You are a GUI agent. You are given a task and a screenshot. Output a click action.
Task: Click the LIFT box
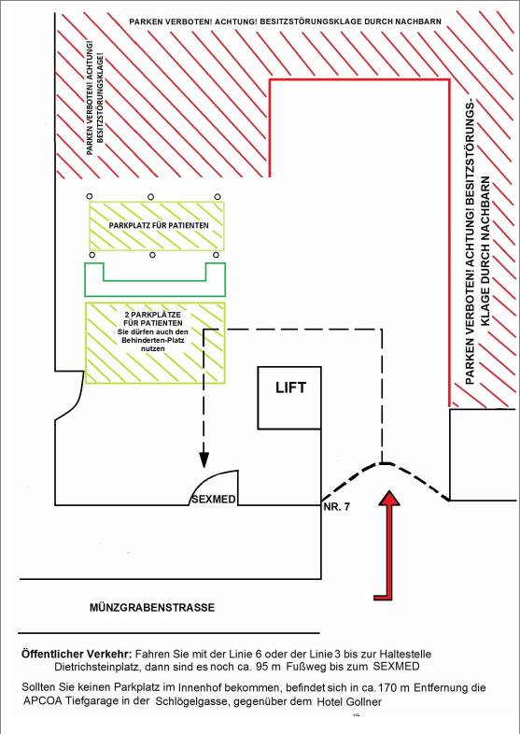tap(289, 398)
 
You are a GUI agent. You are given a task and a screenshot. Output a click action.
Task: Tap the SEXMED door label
tap(213, 500)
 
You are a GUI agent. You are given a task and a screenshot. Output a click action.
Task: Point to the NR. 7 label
tap(336, 506)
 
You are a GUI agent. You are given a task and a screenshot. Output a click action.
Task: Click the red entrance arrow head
tap(388, 498)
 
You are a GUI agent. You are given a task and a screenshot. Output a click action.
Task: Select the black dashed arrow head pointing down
tap(204, 459)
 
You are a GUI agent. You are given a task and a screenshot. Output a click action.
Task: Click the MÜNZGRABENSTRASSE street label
tap(152, 608)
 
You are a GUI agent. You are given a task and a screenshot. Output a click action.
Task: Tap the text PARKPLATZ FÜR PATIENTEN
tap(159, 225)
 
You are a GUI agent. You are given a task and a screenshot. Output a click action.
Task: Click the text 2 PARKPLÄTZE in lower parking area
tap(152, 315)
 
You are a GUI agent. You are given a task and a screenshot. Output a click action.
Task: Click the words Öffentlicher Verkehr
tap(77, 654)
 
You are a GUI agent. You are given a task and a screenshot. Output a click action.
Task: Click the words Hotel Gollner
tap(349, 701)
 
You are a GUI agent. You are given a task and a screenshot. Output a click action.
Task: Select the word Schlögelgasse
tap(187, 701)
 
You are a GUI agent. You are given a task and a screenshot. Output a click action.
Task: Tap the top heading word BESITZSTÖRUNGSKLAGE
tap(314, 21)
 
